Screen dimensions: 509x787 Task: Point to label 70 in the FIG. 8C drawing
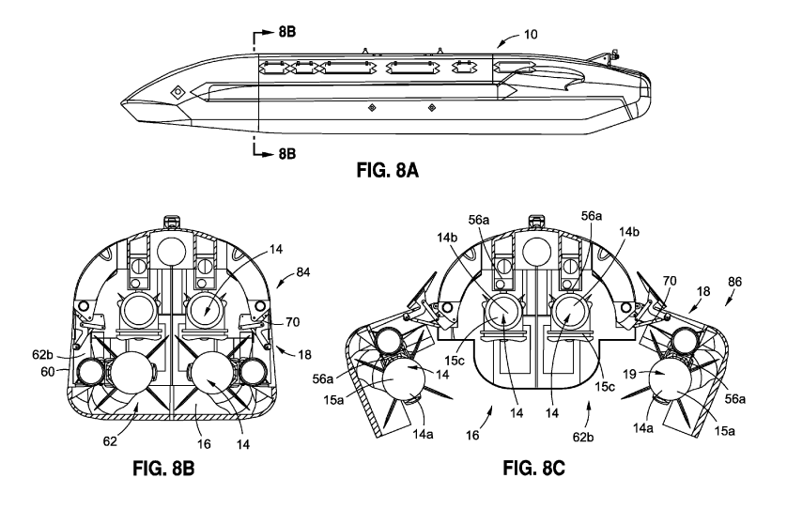point(670,279)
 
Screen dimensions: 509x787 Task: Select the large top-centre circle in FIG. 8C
point(535,252)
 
